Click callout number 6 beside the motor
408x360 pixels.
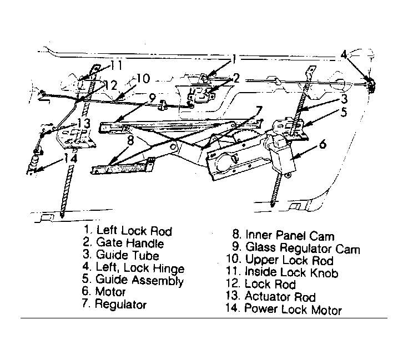click(323, 144)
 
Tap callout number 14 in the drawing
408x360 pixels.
click(70, 159)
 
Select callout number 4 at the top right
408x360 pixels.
click(344, 55)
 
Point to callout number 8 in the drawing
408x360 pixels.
click(130, 141)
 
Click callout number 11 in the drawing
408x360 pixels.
click(116, 65)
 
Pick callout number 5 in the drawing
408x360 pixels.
click(344, 112)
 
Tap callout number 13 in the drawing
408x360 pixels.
click(84, 123)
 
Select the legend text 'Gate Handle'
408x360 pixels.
click(130, 243)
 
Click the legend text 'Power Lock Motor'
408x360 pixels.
click(293, 310)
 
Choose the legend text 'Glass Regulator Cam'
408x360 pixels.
click(303, 248)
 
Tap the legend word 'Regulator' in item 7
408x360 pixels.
click(120, 304)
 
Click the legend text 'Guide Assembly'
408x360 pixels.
click(139, 280)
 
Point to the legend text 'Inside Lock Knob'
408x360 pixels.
click(291, 272)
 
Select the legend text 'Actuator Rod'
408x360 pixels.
click(280, 297)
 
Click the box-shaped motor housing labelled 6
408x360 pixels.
click(282, 156)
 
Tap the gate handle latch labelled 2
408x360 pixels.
click(201, 95)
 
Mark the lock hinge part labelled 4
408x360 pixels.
click(371, 84)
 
